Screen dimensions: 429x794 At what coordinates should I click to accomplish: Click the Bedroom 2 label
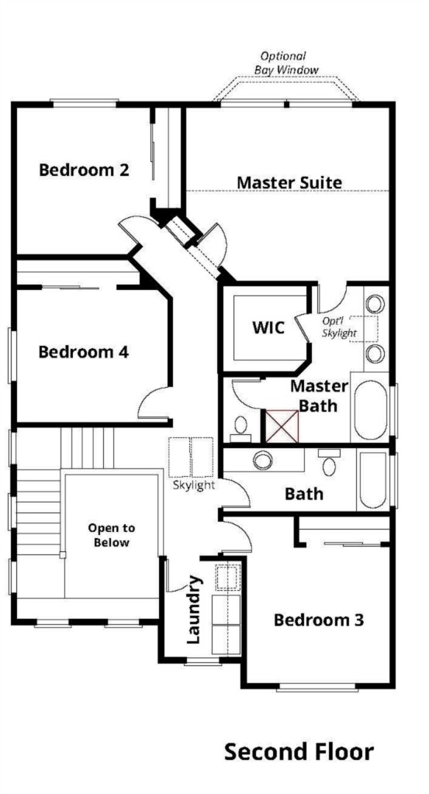coord(84,170)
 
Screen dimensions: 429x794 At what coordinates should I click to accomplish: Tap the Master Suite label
coord(289,182)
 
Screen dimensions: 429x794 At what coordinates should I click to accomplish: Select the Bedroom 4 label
coord(84,352)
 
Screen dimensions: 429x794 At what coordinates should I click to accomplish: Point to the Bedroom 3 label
coord(319,620)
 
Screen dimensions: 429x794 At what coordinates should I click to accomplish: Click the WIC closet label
coord(268,328)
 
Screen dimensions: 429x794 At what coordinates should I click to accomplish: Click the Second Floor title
coord(299,751)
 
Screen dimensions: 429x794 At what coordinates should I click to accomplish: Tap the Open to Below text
coord(112,535)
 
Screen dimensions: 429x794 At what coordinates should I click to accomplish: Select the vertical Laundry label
coord(195,609)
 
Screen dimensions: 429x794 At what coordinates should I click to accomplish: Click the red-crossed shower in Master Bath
coord(282,426)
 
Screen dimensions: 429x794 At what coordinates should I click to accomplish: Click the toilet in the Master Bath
coord(240,428)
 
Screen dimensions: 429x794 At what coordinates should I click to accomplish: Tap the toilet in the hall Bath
coord(328,462)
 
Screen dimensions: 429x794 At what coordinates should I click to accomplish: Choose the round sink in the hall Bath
coord(263,460)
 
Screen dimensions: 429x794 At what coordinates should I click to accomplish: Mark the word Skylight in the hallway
coord(194,485)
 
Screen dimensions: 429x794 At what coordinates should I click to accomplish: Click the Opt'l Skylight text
coord(339,327)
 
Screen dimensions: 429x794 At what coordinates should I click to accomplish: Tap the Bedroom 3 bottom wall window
coord(317,687)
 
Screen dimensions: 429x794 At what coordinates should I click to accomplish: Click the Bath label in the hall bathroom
coord(304,494)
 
